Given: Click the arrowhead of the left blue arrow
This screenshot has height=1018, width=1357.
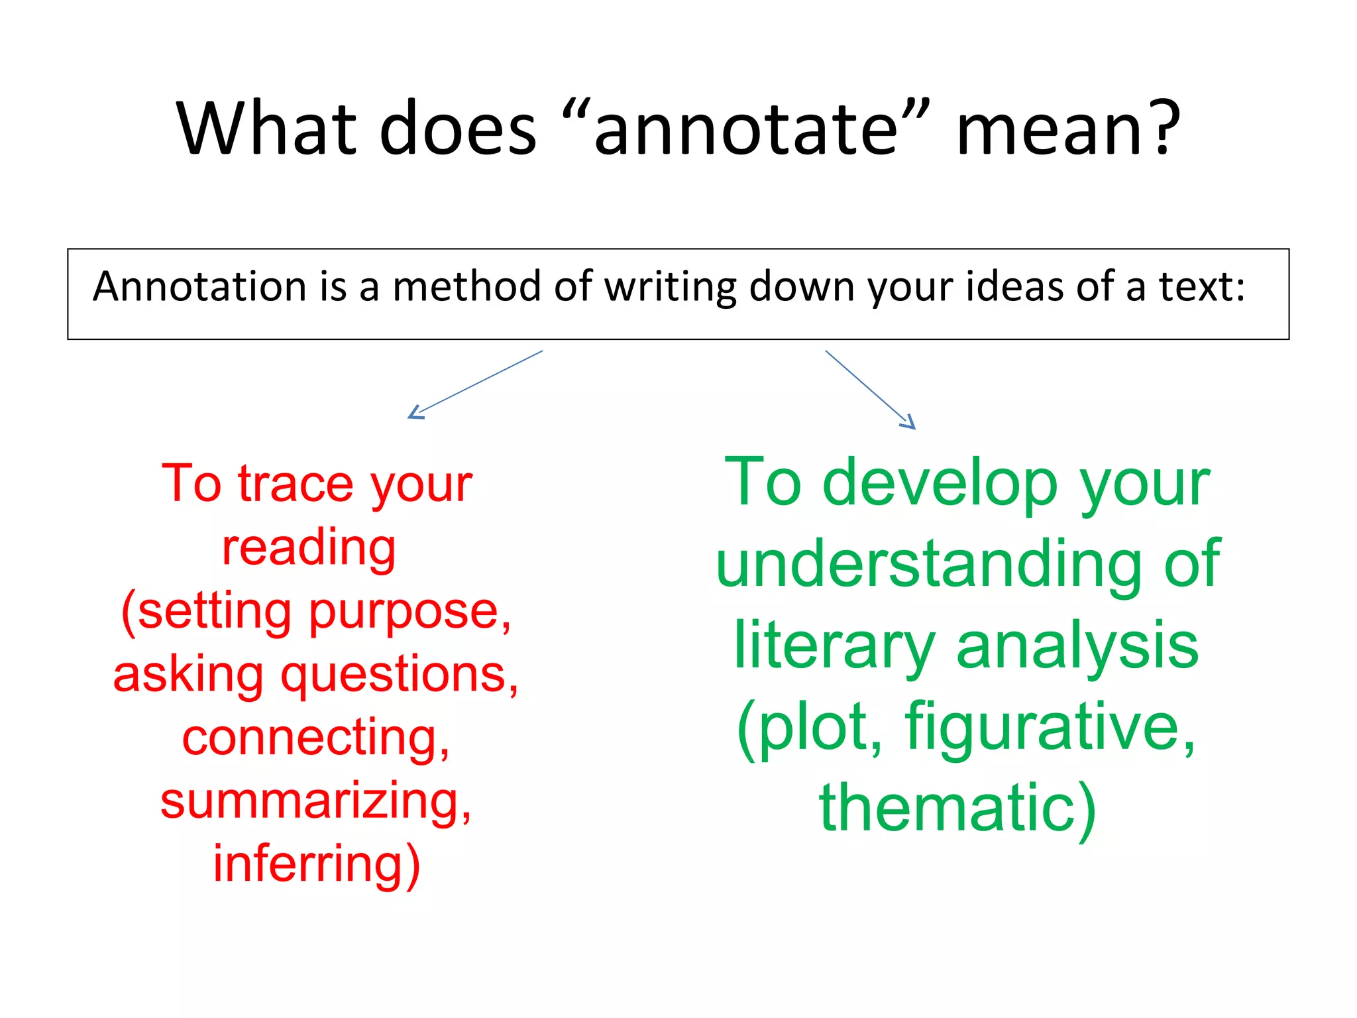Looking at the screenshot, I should (414, 414).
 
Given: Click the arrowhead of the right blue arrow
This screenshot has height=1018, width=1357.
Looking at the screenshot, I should (909, 423).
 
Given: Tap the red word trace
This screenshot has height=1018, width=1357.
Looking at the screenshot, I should (296, 484).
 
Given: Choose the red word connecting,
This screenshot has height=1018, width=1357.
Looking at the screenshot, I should (316, 738).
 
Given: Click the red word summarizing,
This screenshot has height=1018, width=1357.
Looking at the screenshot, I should (316, 802).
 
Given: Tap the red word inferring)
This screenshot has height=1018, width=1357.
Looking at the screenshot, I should (316, 864).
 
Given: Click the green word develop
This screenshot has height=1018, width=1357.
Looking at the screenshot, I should (940, 484).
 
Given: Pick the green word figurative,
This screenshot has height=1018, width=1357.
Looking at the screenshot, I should (1051, 727).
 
